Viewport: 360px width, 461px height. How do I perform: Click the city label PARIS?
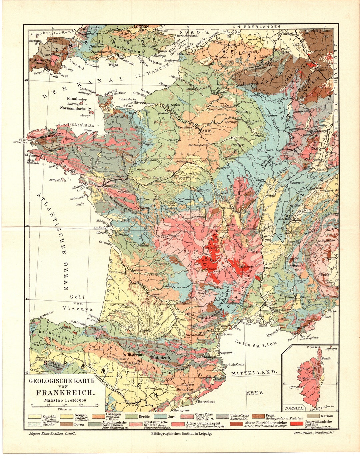[206, 131]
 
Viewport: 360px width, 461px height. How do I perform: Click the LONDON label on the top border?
[141, 26]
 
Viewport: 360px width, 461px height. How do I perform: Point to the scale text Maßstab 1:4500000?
[62, 400]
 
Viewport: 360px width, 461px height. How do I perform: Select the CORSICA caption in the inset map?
[294, 408]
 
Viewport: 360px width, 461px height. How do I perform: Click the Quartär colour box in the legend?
[35, 417]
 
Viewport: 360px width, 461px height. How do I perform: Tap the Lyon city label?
[267, 240]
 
